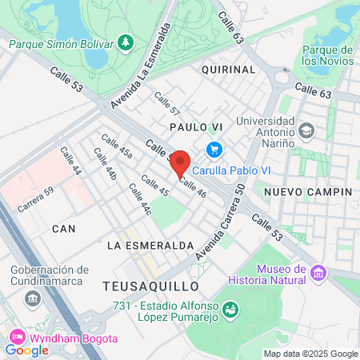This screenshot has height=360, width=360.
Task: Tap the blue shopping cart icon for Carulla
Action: (213, 150)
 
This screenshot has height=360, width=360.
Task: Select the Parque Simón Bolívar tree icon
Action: (125, 42)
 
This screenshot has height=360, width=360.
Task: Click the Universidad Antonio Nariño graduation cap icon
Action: (306, 130)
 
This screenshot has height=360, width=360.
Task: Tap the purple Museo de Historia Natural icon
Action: (318, 274)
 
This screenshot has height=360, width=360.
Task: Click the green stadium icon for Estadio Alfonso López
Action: (230, 308)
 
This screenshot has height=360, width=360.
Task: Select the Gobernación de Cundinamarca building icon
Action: (33, 299)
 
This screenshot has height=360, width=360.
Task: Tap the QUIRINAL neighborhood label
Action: (228, 70)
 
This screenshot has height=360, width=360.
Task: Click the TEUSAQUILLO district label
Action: (150, 286)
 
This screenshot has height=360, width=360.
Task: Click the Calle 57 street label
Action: (167, 105)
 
